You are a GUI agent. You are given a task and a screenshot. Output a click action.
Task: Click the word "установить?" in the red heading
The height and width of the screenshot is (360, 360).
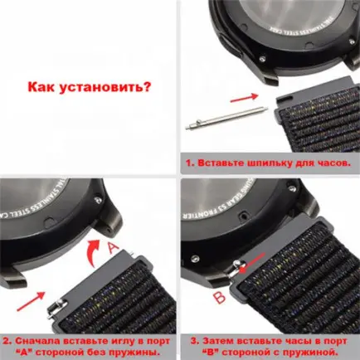coord(105,86)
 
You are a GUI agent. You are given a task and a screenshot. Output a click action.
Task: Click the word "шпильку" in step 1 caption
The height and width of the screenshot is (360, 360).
coord(271,163)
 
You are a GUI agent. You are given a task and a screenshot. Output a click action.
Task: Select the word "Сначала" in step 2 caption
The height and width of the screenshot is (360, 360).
coord(41,340)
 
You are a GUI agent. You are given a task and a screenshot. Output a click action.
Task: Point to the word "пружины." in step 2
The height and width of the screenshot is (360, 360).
coord(141,351)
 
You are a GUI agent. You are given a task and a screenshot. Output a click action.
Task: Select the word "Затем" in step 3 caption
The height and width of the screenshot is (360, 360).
coord(219,340)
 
